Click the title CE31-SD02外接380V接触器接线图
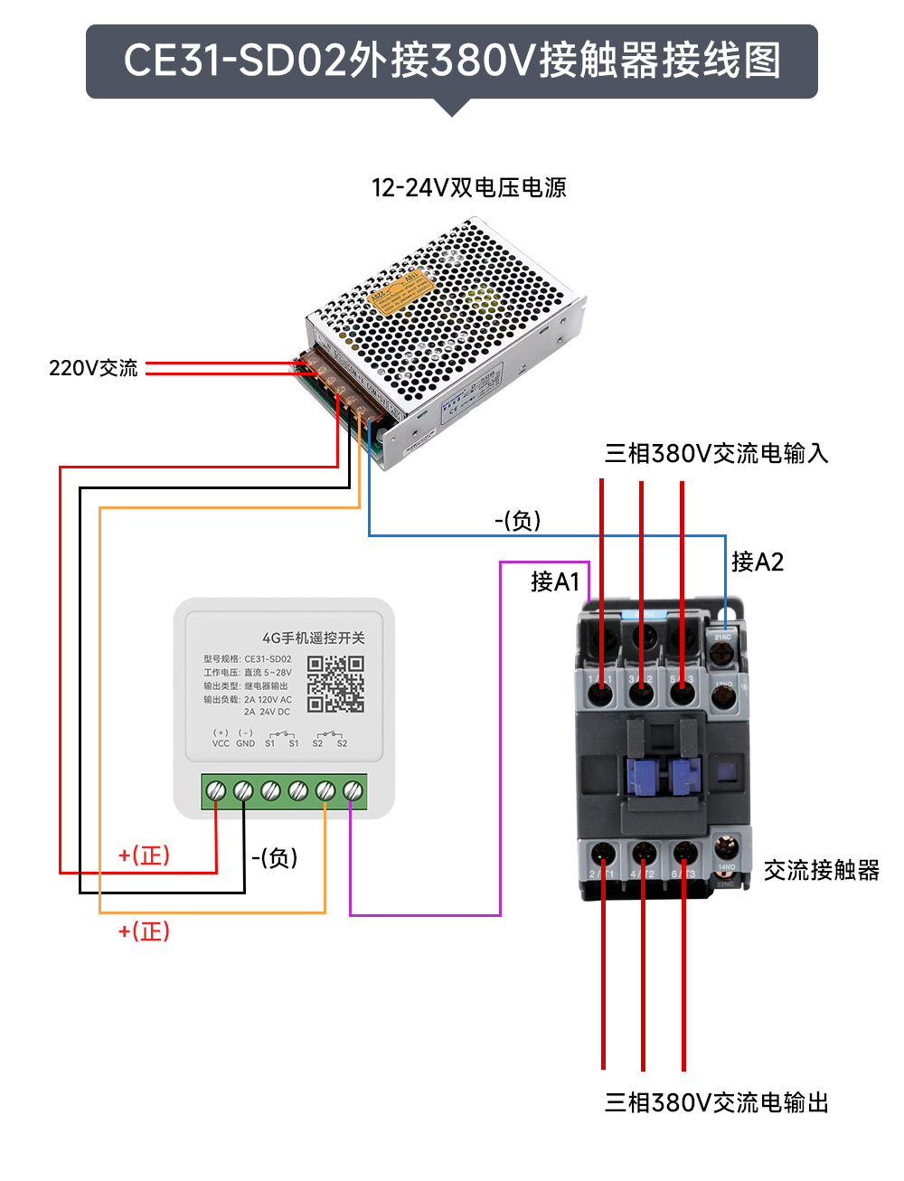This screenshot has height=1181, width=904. pyautogui.click(x=452, y=61)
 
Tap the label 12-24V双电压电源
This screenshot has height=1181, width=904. pyautogui.click(x=468, y=187)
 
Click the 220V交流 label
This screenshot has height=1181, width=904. pyautogui.click(x=93, y=368)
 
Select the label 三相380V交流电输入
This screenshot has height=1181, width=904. pyautogui.click(x=716, y=453)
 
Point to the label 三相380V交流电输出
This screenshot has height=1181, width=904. pyautogui.click(x=716, y=1102)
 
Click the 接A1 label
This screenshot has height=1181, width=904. pyautogui.click(x=554, y=581)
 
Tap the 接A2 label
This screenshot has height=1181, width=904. pyautogui.click(x=757, y=562)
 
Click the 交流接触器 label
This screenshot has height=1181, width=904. pyautogui.click(x=821, y=870)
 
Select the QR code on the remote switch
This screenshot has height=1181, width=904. pyautogui.click(x=335, y=684)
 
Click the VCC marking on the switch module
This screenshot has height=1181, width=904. pyautogui.click(x=221, y=743)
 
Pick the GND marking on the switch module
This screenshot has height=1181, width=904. pyautogui.click(x=245, y=743)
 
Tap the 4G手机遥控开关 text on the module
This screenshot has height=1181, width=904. pyautogui.click(x=314, y=638)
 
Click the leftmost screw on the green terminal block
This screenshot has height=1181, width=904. pyautogui.click(x=216, y=791)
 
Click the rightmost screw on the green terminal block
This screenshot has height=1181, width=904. pyautogui.click(x=353, y=791)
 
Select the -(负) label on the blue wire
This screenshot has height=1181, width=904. pyautogui.click(x=517, y=520)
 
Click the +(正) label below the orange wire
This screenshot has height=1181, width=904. pyautogui.click(x=144, y=931)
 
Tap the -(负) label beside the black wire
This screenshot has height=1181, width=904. pyautogui.click(x=274, y=857)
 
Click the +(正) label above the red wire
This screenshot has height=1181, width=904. pyautogui.click(x=144, y=855)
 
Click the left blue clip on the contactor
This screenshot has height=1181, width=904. pyautogui.click(x=640, y=776)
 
